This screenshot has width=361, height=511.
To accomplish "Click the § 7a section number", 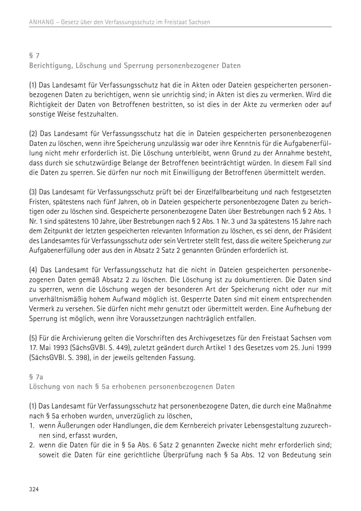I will click(x=36, y=377).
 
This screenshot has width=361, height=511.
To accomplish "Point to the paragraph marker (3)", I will click(x=33, y=193).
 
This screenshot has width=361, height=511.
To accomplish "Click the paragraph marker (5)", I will click(x=33, y=339).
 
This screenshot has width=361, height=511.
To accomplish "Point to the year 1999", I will click(x=323, y=348).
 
